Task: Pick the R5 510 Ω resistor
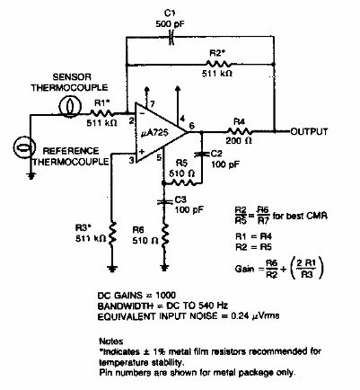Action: [180, 182]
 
